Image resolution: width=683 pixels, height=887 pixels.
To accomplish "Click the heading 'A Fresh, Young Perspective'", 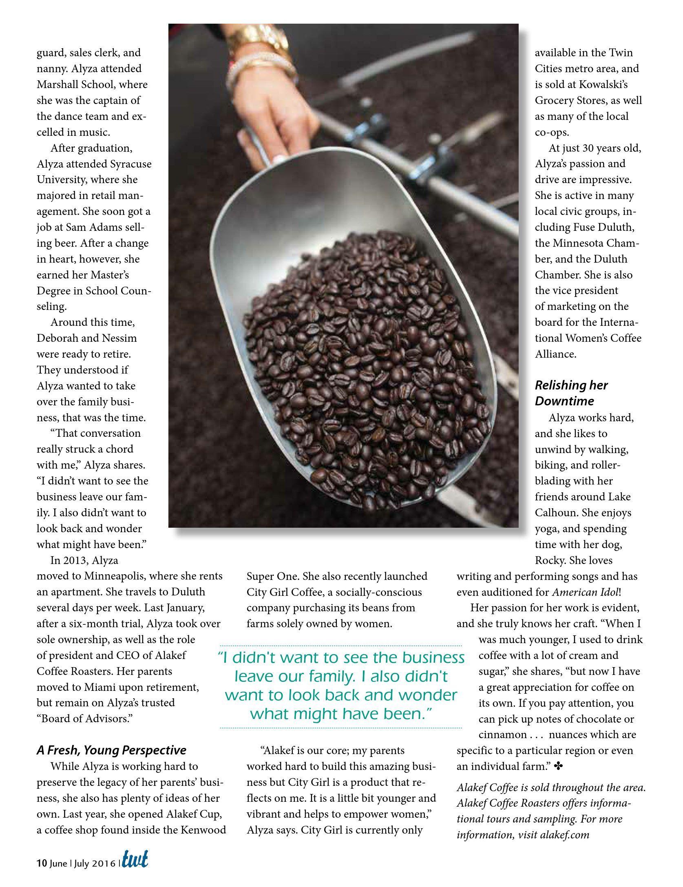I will (x=111, y=750).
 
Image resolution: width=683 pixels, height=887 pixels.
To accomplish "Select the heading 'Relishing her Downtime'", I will (x=571, y=393).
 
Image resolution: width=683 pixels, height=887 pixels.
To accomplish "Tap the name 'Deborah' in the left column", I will (x=57, y=338).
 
